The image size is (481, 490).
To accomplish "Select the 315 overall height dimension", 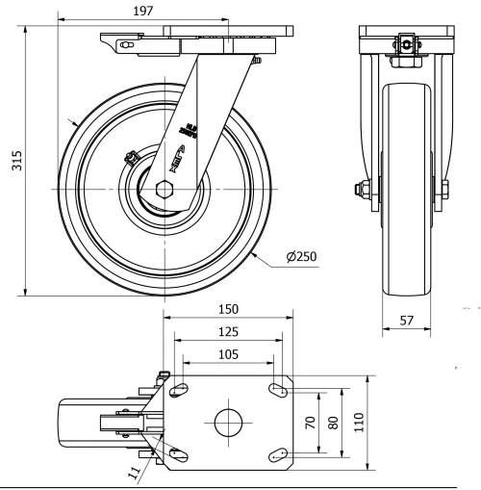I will (15, 165).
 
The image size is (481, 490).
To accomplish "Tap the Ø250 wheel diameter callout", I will (300, 257).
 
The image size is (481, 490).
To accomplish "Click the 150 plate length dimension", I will (227, 310).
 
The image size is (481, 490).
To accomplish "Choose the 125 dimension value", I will (227, 331).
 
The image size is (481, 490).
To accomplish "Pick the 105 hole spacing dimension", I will (227, 353).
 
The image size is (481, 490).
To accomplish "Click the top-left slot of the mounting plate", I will (179, 387).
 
